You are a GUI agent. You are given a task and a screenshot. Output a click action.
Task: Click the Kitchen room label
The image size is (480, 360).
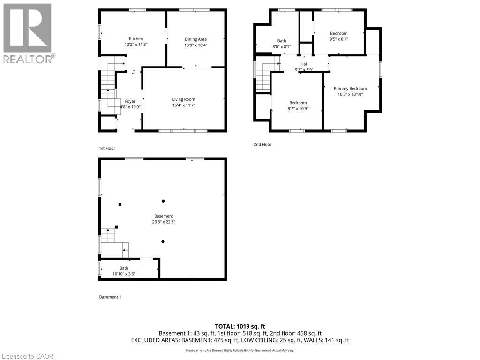coord(136,39)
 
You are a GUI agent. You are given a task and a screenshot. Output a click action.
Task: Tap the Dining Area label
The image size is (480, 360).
coord(195,39)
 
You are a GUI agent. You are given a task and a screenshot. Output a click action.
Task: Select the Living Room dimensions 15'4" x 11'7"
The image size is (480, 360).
coord(184,105)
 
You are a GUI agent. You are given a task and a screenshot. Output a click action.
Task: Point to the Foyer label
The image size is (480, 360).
coord(130,101)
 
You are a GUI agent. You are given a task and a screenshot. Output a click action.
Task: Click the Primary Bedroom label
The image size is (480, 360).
coord(350,89)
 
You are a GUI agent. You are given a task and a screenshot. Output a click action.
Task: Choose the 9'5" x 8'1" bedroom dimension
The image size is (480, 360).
coord(339,39)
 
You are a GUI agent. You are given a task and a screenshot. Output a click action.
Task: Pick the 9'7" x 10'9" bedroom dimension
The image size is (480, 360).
coord(298,109)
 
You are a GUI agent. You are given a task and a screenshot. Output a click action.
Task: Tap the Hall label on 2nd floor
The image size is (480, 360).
coord(304,64)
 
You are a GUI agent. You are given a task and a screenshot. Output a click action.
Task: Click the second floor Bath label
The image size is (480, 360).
coord(282,41)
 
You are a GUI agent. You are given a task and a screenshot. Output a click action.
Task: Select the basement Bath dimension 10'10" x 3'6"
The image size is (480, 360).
coord(124,274)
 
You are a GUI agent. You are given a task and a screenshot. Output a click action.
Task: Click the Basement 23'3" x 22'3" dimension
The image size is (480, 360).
coord(164,222)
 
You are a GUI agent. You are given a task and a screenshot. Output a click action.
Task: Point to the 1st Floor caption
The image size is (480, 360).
coord(107,148)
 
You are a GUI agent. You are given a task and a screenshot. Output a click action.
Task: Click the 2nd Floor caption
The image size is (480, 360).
coord(262,144)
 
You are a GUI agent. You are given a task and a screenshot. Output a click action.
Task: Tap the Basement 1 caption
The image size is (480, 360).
coord(110,297)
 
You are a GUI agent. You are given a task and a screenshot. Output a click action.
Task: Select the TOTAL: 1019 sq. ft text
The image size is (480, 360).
coord(240,326)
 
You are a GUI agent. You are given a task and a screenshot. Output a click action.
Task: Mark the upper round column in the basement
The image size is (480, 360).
coord(163,201)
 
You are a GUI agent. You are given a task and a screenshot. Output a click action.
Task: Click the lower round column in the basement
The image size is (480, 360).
coord(163,241)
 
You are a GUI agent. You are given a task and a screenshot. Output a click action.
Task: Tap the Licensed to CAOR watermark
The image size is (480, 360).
coord(28,356)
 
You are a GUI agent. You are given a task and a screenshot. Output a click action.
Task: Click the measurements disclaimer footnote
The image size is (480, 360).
coord(240,350)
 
